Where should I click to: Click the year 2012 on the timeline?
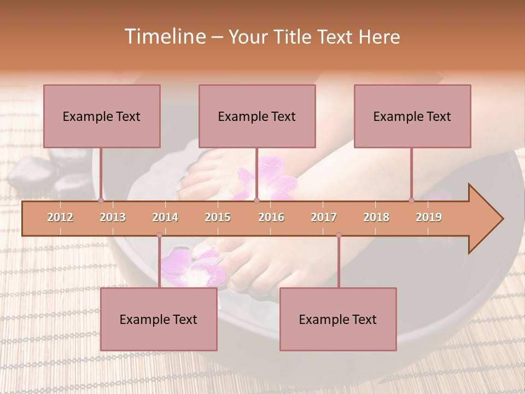click(60, 217)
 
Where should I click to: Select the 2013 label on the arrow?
click(113, 217)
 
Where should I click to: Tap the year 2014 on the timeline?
click(165, 217)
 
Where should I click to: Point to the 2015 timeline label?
click(218, 217)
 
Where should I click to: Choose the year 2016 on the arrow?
click(271, 217)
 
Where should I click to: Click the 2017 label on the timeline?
click(324, 217)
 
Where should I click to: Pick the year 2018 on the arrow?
click(376, 217)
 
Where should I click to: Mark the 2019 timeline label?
click(429, 217)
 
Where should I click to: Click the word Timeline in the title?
click(164, 37)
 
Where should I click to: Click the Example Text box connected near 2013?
click(102, 116)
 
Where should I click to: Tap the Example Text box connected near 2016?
click(257, 116)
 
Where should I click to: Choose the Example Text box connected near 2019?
click(412, 116)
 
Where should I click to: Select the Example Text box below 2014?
click(159, 319)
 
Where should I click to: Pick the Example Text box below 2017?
click(338, 319)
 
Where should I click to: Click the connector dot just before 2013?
click(101, 201)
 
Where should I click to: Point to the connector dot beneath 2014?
click(159, 235)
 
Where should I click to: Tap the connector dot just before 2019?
click(411, 201)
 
